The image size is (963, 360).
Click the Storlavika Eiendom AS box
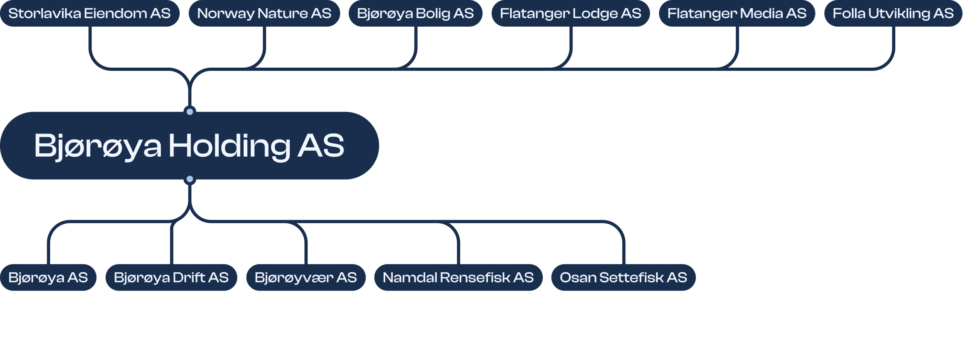90,14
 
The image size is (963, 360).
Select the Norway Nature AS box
264,14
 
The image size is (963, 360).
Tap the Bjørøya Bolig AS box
415,14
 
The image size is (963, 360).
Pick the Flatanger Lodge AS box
570,14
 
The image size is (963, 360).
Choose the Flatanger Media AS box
737,14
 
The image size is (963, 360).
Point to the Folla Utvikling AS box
893,14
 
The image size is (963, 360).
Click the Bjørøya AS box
48,277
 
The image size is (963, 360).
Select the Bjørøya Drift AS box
171,277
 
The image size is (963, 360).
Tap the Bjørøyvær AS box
305,277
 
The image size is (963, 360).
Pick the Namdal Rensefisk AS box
458,277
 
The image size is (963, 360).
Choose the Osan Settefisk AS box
623,277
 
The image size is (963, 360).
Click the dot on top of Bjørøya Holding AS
190,112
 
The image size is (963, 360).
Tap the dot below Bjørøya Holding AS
190,179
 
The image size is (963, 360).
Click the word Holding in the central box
229,146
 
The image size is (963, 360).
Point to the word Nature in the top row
283,14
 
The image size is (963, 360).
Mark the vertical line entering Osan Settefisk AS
623,252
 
